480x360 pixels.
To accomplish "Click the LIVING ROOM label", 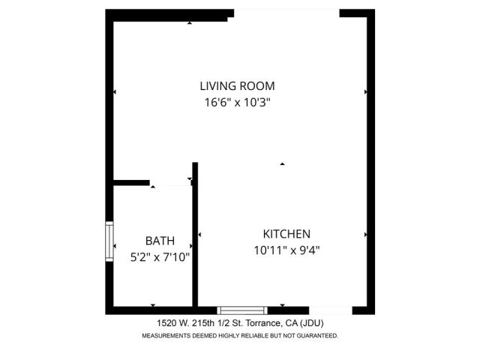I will tap(237, 85).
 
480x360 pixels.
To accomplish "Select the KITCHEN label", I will tap(286, 234).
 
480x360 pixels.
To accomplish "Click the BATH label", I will tap(160, 241).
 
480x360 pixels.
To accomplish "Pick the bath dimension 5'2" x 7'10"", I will tap(160, 256).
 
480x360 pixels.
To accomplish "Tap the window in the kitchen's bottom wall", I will tap(242, 310).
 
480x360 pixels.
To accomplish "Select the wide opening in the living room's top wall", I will tap(286, 13).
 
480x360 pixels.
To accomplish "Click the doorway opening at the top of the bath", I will tap(170, 181).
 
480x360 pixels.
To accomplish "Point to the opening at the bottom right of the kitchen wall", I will tap(331, 310).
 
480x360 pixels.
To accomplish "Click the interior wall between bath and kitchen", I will tap(195, 240).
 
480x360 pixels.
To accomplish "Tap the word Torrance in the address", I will tap(262, 322).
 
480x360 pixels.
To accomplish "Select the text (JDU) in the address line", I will tap(312, 322).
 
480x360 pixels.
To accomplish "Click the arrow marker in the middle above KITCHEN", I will tap(282, 163).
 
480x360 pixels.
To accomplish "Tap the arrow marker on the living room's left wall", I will tap(115, 92).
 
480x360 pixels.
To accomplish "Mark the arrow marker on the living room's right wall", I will tap(365, 92).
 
